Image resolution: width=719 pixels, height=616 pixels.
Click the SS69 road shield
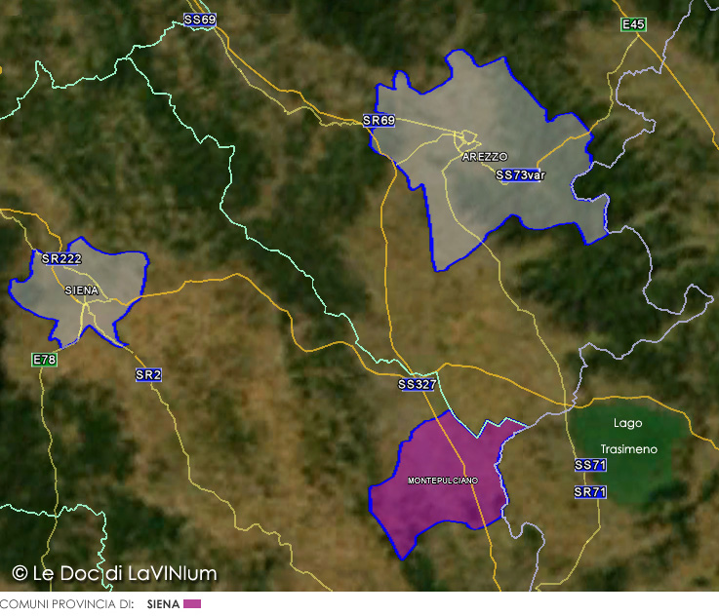[x=200, y=19]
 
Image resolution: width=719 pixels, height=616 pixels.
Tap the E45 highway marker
[x=634, y=24]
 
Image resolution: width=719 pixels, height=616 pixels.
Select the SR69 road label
[x=379, y=121]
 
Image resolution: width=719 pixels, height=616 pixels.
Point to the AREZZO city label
[x=485, y=156]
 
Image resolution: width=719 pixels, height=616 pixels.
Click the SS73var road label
[x=520, y=175]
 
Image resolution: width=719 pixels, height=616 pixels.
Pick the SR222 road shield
[x=61, y=258]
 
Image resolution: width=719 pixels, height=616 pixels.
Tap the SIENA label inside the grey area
[x=81, y=290]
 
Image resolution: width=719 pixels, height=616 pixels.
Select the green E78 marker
[x=45, y=360]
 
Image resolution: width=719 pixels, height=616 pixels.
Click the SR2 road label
[x=148, y=374]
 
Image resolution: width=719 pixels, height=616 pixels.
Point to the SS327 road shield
[x=417, y=385]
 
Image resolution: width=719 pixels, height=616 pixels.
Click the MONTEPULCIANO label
[x=443, y=481]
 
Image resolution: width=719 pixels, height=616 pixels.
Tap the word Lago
[x=628, y=423]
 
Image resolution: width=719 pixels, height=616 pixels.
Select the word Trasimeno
[x=628, y=449]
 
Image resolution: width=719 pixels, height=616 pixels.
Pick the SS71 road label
[x=590, y=465]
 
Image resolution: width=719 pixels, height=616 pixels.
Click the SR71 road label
[x=590, y=492]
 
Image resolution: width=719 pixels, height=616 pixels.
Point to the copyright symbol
[x=20, y=573]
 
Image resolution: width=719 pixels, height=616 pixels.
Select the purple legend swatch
[x=192, y=604]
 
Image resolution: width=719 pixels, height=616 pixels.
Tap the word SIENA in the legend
[x=163, y=604]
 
